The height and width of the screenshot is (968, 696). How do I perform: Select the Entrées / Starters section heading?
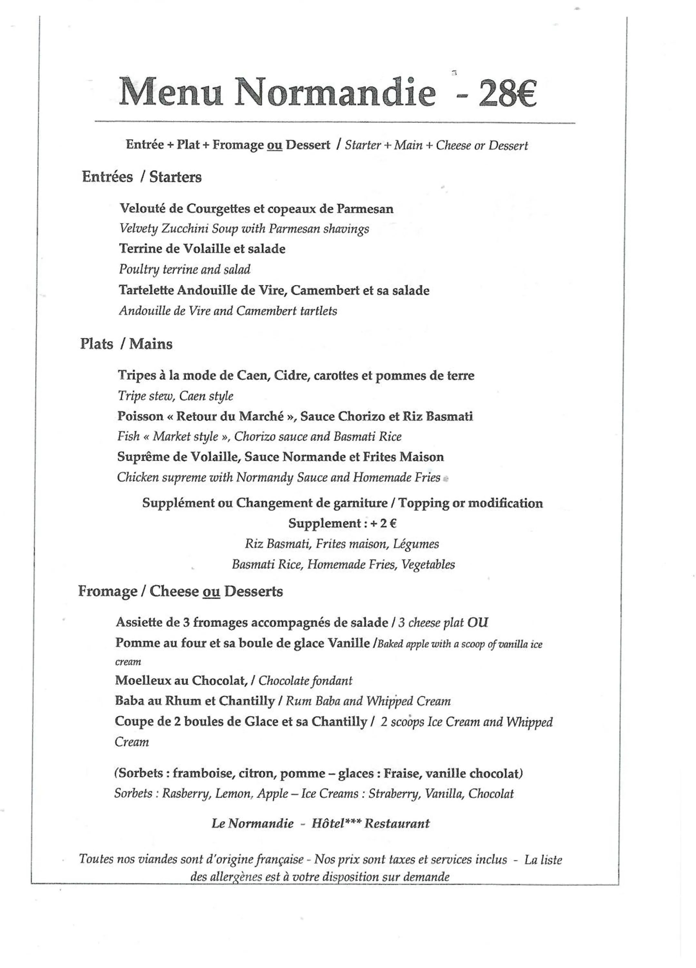[x=142, y=177]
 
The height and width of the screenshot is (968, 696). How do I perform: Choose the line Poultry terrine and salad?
[x=184, y=269]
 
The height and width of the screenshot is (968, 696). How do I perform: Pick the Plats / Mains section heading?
[x=126, y=344]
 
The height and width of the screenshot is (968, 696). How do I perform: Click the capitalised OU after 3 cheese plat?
[x=478, y=622]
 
